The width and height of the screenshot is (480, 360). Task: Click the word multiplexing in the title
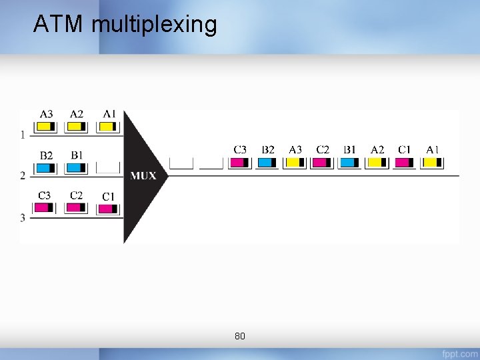click(155, 25)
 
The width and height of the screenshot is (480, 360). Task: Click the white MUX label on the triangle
click(143, 176)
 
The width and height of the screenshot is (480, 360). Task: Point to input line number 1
click(23, 135)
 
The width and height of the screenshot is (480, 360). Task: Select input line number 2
click(23, 176)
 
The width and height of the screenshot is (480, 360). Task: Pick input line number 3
click(23, 217)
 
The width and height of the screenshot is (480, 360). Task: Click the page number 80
click(240, 336)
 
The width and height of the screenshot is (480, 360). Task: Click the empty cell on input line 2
click(108, 167)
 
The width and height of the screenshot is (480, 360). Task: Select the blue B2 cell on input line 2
click(46, 167)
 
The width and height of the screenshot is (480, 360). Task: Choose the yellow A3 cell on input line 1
click(46, 125)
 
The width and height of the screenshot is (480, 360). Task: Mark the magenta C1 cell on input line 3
click(108, 209)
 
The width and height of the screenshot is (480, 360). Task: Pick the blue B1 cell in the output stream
click(349, 162)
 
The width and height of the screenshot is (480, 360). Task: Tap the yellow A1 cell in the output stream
click(432, 162)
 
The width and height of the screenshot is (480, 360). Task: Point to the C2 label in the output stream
click(323, 149)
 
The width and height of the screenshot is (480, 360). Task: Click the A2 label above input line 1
click(77, 114)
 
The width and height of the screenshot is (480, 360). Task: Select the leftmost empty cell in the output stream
click(181, 162)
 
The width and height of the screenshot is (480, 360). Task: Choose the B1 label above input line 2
click(77, 155)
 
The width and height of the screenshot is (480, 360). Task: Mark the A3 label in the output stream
click(295, 149)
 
